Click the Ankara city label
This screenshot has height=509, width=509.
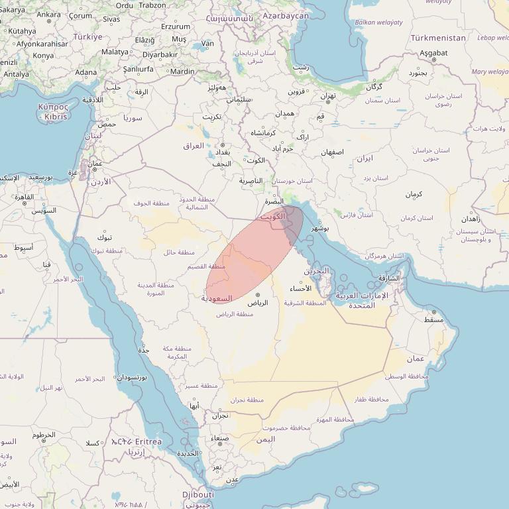click(49, 14)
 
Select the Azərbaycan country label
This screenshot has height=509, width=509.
click(286, 15)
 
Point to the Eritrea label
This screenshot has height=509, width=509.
click(146, 441)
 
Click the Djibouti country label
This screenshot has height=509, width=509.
click(198, 494)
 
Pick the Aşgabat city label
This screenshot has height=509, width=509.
click(433, 52)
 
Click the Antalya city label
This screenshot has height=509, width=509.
click(16, 74)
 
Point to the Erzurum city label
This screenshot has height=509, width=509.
click(176, 27)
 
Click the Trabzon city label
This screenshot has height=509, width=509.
click(152, 5)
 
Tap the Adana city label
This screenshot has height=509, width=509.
click(85, 72)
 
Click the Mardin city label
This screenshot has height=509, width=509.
click(182, 71)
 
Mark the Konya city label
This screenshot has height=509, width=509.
click(43, 56)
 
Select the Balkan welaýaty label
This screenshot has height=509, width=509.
click(378, 23)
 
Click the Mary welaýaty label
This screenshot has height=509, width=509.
click(489, 72)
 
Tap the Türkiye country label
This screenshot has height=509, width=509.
click(87, 37)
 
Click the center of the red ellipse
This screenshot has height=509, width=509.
click(254, 254)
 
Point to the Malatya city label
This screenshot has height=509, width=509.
click(115, 52)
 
